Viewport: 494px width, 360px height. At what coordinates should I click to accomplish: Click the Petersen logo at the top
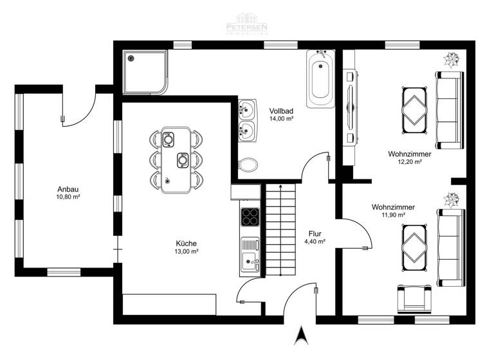pyautogui.click(x=246, y=24)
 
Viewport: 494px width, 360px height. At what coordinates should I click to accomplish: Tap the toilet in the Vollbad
pyautogui.click(x=247, y=165)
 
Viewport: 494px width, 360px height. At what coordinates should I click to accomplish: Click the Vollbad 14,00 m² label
pyautogui.click(x=281, y=114)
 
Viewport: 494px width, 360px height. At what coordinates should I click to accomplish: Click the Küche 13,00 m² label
pyautogui.click(x=187, y=248)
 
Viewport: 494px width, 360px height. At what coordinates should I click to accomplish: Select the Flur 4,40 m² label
pyautogui.click(x=315, y=238)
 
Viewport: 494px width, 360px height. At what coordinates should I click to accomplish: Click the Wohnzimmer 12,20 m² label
pyautogui.click(x=409, y=158)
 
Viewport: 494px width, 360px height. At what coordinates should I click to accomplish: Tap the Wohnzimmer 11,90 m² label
pyautogui.click(x=393, y=211)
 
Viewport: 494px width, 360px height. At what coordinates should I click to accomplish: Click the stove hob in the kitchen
pyautogui.click(x=249, y=217)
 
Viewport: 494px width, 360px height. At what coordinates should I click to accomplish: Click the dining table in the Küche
pyautogui.click(x=176, y=159)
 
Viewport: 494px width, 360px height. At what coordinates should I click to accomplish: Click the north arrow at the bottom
pyautogui.click(x=299, y=335)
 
